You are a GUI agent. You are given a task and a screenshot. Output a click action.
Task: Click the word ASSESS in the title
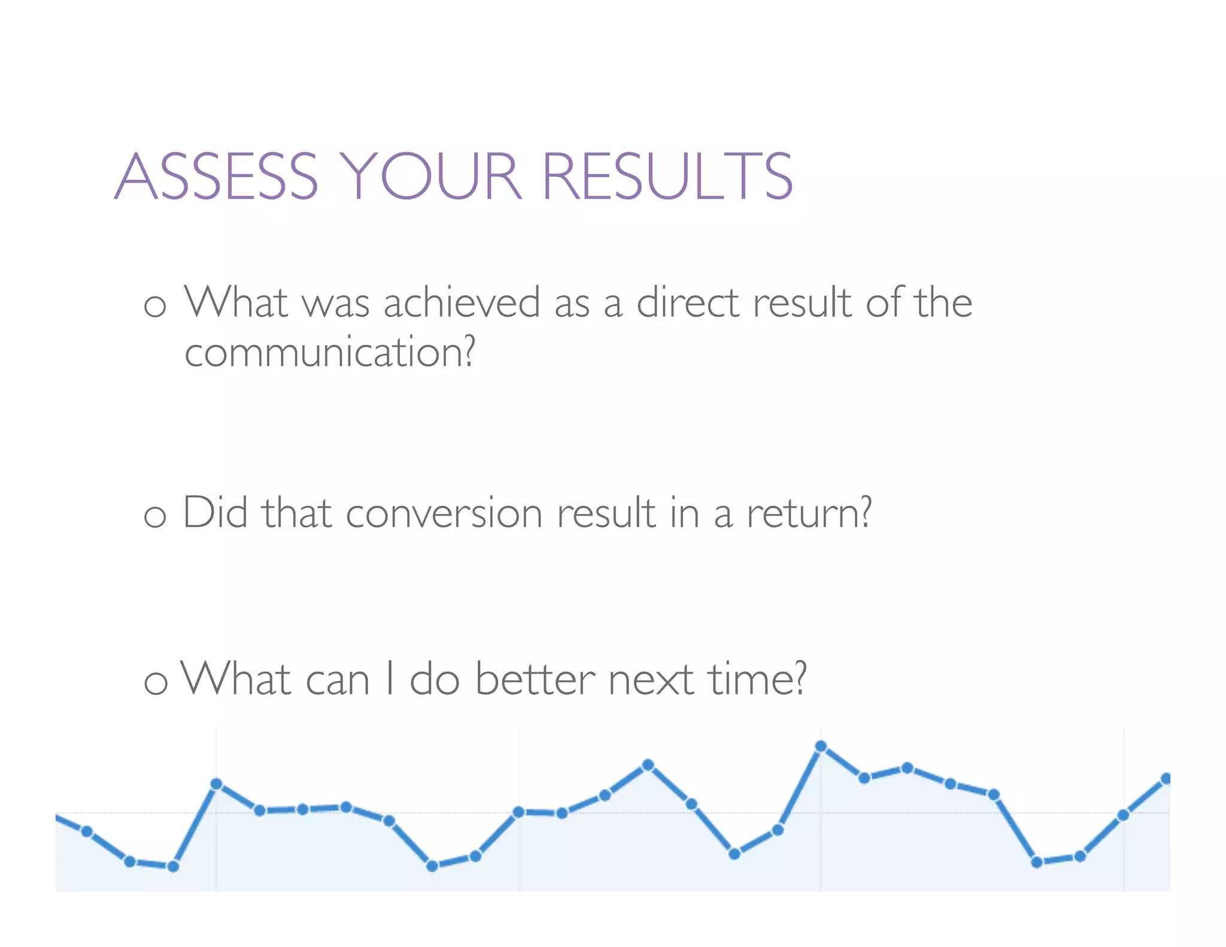coord(216,177)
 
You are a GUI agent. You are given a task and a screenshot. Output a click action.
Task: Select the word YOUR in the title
coord(430,177)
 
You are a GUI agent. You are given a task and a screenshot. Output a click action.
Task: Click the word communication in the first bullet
coord(323,353)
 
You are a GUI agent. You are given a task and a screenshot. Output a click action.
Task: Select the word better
coord(535,680)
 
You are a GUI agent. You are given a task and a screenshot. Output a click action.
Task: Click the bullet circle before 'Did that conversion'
coord(155,516)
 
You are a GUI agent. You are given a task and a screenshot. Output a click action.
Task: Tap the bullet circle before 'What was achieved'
coord(155,306)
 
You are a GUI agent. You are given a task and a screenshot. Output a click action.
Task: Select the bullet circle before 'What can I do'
coord(156,683)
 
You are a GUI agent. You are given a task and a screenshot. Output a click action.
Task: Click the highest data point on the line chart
coord(821,746)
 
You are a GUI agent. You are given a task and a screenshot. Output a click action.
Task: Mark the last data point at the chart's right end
coord(1166,779)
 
